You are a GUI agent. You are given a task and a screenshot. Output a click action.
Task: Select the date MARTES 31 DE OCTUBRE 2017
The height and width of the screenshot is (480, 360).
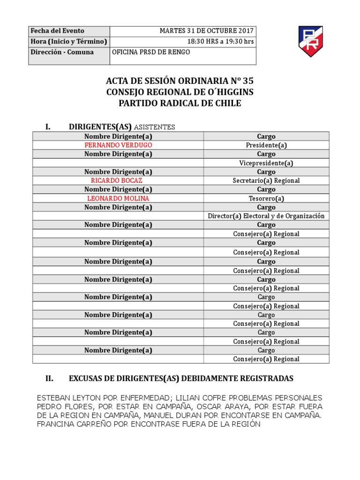(206, 31)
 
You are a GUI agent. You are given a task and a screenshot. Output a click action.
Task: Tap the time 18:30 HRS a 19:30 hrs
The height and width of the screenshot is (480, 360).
(220, 41)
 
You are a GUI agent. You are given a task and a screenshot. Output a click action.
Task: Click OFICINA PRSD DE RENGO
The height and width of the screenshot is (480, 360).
(151, 52)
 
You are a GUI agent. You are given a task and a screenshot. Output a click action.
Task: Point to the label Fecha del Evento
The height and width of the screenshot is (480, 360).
(51, 31)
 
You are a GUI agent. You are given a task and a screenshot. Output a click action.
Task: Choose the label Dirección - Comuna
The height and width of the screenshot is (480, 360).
(62, 52)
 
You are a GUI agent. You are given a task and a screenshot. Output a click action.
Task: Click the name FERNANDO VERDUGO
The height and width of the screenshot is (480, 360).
(118, 145)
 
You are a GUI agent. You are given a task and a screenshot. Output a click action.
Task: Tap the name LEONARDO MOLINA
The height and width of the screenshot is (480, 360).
(118, 198)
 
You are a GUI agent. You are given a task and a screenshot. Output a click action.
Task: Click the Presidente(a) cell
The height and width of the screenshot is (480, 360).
(266, 145)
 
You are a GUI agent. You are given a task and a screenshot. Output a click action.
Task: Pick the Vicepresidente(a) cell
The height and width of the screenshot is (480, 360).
(266, 163)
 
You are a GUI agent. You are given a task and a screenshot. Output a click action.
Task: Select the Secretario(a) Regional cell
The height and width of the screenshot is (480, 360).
(266, 180)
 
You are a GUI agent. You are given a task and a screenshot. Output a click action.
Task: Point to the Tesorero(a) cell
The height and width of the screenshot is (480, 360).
(266, 198)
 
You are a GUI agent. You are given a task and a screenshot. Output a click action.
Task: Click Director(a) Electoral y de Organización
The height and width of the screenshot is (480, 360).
(266, 216)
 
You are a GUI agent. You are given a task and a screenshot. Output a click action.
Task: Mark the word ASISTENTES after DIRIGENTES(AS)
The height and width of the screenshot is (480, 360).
(155, 127)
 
